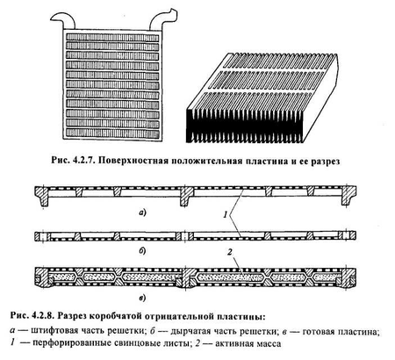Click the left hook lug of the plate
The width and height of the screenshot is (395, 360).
point(63,20)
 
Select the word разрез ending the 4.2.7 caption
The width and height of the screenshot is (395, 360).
point(325,162)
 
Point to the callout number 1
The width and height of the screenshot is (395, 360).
point(226,215)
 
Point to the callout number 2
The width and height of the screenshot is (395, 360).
point(230,252)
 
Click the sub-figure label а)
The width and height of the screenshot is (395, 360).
point(142,212)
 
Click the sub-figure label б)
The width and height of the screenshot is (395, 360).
point(142,251)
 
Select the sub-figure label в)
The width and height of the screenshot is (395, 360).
point(142,298)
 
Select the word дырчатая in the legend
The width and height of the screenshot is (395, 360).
point(190,331)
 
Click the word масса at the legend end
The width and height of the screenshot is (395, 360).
point(268,343)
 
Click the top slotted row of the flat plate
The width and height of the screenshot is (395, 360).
point(112,37)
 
